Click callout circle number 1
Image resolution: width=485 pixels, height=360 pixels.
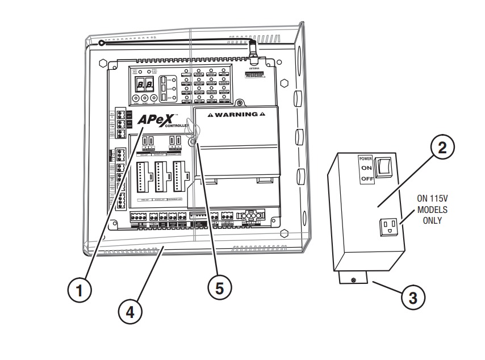coord(81,290)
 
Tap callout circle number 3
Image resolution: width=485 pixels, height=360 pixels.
coord(413,297)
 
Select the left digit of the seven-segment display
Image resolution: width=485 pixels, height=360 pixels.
coord(140,86)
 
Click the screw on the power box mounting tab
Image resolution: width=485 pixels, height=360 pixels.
coord(354,279)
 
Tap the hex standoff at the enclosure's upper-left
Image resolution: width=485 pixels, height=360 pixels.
coord(103,64)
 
